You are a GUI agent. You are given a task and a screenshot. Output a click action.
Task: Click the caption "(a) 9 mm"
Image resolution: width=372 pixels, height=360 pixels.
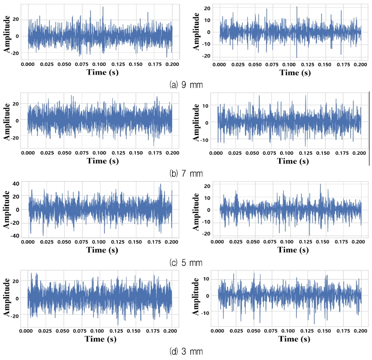(186, 85)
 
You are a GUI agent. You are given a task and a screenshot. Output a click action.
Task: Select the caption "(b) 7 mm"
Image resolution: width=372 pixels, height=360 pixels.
(186, 173)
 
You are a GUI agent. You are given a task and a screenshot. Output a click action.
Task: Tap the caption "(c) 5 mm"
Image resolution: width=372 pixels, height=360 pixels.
(186, 263)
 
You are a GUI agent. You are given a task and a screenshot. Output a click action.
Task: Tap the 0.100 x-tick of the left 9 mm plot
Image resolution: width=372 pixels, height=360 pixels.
(100, 64)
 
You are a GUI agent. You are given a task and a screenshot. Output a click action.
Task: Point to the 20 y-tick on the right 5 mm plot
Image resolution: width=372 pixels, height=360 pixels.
(208, 186)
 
